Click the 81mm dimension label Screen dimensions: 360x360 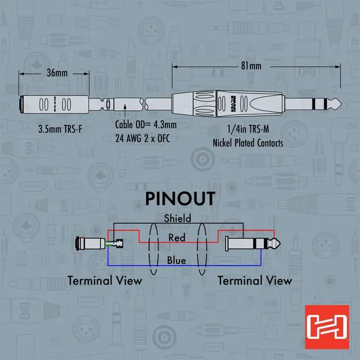(x=251, y=66)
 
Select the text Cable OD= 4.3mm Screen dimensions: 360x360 (x=146, y=125)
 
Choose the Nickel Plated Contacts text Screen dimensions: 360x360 (x=247, y=143)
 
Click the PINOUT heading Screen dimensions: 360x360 (x=180, y=199)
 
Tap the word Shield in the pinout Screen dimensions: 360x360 (x=177, y=218)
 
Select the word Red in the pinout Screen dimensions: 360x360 (x=177, y=238)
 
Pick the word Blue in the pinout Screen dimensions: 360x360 (x=177, y=260)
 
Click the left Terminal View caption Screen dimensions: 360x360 (x=105, y=280)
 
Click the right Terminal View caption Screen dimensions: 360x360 (x=255, y=280)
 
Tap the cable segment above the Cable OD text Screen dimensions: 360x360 (x=133, y=105)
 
